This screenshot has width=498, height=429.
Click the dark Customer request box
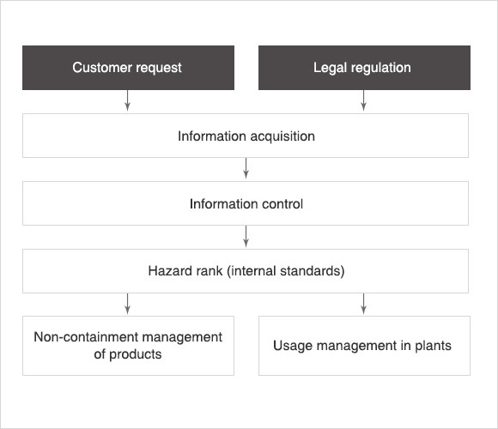128,68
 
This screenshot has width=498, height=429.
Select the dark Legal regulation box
364,68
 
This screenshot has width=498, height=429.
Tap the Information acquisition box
246,136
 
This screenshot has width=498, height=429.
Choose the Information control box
246,203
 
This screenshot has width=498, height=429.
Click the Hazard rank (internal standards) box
246,271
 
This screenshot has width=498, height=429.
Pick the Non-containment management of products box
128,346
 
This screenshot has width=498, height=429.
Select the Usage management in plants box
364,346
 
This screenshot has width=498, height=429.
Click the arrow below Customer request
127,100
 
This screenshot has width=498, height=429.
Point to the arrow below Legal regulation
364,100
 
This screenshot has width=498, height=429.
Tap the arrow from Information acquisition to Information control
246,168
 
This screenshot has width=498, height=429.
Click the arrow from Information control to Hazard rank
246,236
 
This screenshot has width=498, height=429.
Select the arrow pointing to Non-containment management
127,304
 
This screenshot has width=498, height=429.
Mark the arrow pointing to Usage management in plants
364,304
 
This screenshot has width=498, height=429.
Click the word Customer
102,67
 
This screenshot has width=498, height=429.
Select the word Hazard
168,271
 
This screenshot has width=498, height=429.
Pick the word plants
434,346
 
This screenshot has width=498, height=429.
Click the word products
136,354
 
